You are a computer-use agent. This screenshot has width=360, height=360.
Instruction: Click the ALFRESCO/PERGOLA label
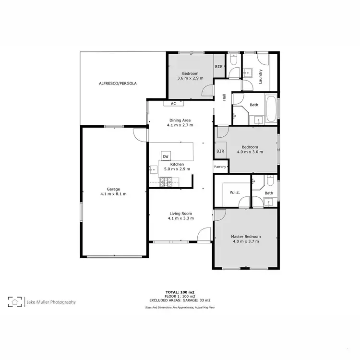(x=118, y=83)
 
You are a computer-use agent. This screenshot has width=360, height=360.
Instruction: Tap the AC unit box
(x=173, y=103)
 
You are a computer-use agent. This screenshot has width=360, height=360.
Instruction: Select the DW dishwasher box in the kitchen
(x=166, y=156)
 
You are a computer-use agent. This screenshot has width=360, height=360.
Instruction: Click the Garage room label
(x=113, y=189)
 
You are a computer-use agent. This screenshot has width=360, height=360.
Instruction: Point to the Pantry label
(x=220, y=167)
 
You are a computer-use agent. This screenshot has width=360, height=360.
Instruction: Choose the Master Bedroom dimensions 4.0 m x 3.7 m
(x=246, y=241)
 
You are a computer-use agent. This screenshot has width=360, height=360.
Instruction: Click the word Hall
(x=224, y=97)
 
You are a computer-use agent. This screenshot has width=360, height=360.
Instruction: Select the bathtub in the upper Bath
(x=271, y=109)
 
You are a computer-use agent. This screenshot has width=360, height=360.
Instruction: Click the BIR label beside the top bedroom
(x=219, y=67)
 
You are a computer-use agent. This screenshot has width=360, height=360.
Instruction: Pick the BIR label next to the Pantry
(x=220, y=151)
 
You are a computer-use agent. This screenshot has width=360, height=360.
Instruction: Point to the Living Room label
(x=180, y=214)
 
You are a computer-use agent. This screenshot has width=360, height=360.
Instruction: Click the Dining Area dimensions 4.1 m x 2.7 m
(x=180, y=125)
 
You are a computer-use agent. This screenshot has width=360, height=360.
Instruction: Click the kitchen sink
(x=154, y=169)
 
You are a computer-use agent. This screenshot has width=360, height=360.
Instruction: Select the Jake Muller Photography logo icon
(x=14, y=302)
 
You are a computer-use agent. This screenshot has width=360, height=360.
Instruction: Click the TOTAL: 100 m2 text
(x=180, y=292)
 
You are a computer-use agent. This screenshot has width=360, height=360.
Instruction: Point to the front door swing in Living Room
(x=204, y=235)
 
